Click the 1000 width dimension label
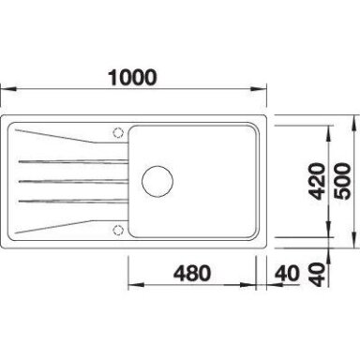pyautogui.click(x=132, y=78)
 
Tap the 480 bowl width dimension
pyautogui.click(x=192, y=273)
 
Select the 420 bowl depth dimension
pyautogui.click(x=317, y=181)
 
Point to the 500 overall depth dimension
pyautogui.click(x=342, y=181)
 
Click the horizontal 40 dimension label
pyautogui.click(x=287, y=273)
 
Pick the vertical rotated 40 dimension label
pyautogui.click(x=317, y=275)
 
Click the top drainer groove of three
pyautogui.click(x=73, y=161)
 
